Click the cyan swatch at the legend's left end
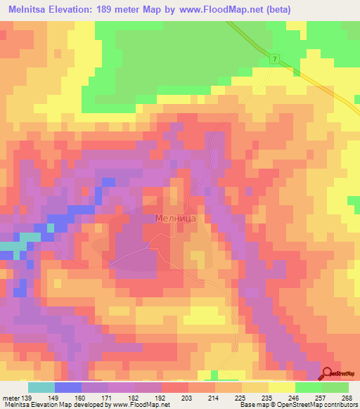(41, 388)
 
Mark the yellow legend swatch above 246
(282, 388)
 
